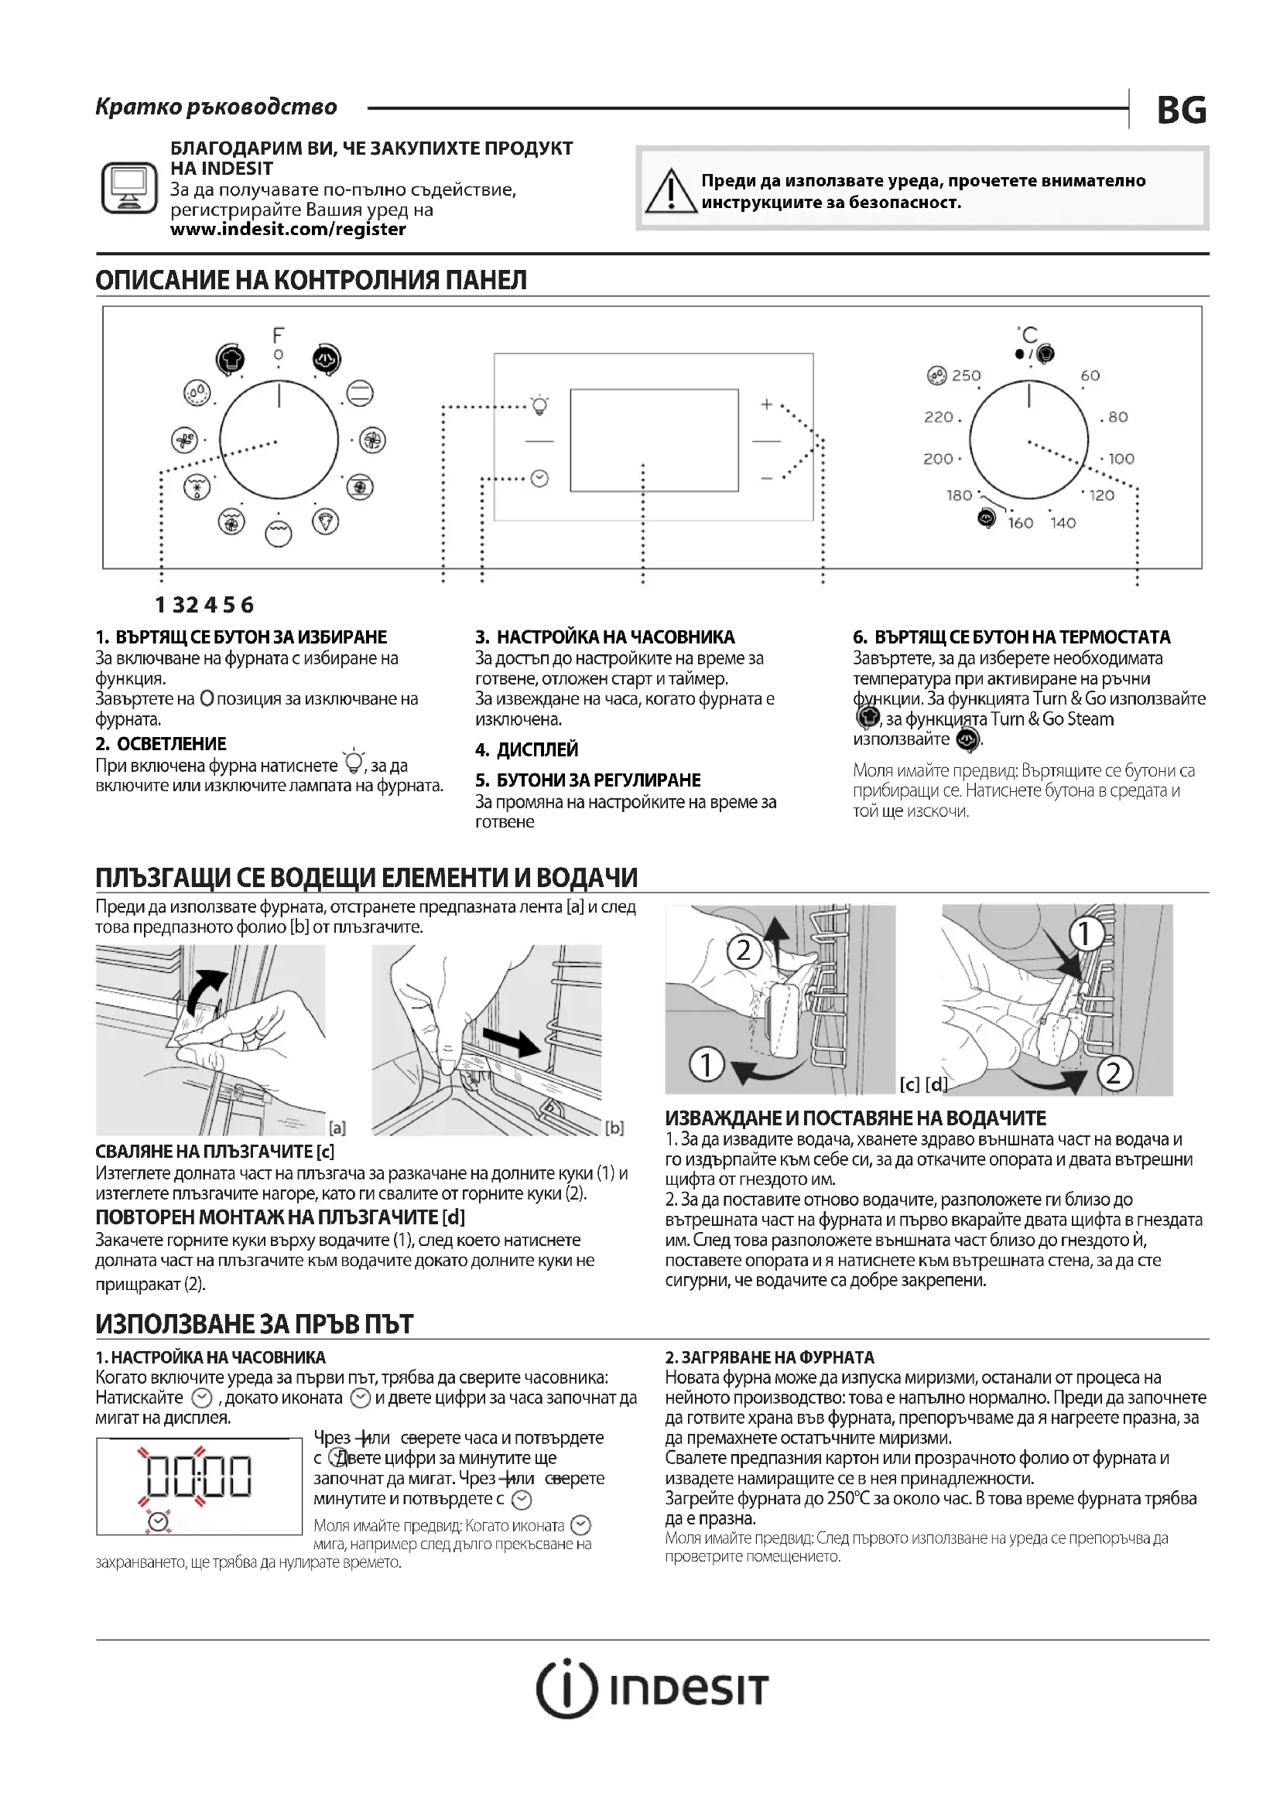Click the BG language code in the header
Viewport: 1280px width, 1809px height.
(x=1181, y=111)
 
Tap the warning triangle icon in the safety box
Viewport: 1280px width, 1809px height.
(x=671, y=192)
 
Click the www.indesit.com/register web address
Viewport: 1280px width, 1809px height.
(x=288, y=229)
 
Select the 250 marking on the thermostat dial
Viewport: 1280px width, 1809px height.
(x=966, y=376)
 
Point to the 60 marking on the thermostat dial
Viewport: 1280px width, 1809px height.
(x=1090, y=376)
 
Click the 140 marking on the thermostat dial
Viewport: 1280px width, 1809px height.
(x=1063, y=522)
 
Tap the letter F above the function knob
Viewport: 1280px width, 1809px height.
(x=279, y=336)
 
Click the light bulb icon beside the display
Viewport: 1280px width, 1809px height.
(x=540, y=406)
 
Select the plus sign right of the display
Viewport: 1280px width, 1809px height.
(x=766, y=404)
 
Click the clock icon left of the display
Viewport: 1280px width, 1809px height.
(x=540, y=478)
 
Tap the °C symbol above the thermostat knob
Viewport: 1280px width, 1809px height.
(x=1028, y=335)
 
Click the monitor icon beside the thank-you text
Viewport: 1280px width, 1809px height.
(x=129, y=187)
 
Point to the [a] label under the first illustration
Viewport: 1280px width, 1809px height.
(x=337, y=1128)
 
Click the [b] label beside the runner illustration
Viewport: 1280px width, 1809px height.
(x=614, y=1128)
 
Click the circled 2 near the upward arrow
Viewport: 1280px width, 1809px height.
(x=743, y=951)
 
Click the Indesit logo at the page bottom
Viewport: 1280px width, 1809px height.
(x=652, y=1689)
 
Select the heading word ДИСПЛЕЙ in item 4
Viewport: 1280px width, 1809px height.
(x=538, y=749)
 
